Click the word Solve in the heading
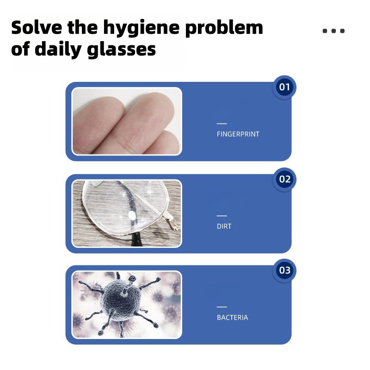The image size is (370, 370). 37,27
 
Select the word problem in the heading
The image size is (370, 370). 224,29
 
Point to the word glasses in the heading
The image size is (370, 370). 121,50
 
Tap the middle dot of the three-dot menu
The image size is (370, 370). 333,31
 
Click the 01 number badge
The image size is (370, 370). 284,87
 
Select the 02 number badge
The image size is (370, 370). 284,179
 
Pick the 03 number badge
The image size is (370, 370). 284,271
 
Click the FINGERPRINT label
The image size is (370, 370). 238,134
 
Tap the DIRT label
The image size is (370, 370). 224,226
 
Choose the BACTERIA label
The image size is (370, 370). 233,318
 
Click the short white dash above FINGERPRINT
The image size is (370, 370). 222,123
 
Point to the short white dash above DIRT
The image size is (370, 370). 222,216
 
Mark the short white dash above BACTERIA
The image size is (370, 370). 222,307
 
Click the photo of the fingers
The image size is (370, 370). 127,121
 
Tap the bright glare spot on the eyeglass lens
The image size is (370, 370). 132,215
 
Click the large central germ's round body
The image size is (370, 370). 122,300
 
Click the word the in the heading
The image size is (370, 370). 83,27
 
